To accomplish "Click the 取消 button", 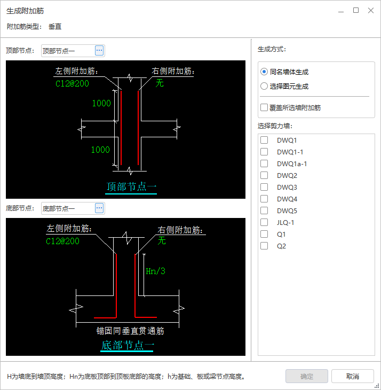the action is coord(352,376).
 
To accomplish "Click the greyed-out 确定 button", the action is coord(307,376).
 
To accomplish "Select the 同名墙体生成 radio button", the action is coord(264,72).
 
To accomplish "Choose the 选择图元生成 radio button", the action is coord(264,87).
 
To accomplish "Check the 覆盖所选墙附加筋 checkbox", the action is coord(264,107).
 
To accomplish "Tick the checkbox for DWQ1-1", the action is coord(264,152).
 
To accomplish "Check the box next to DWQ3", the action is coord(264,187).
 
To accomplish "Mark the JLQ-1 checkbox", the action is coord(264,222).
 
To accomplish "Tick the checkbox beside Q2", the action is coord(264,246).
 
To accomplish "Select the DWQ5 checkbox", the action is coord(264,210).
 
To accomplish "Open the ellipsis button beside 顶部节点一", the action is coord(99,51).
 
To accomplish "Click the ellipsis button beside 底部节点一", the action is coord(99,208).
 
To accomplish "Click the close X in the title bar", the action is coord(371,11).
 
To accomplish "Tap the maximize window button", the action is coord(356,10).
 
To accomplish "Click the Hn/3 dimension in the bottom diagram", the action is coord(155,271).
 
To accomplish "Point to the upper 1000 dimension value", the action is coord(101,103).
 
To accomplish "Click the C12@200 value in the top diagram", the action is coord(72,83).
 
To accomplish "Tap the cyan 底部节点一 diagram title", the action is coord(128,345).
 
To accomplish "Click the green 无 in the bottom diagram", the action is coord(162,240).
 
